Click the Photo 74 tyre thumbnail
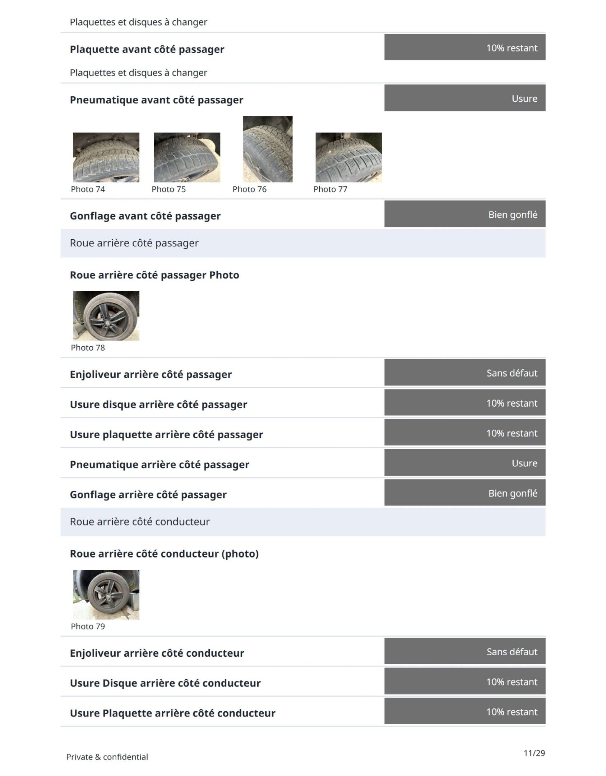pyautogui.click(x=106, y=157)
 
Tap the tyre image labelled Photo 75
pyautogui.click(x=187, y=157)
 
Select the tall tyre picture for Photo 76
pyautogui.click(x=268, y=149)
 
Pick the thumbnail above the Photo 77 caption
pyautogui.click(x=348, y=157)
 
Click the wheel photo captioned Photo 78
pyautogui.click(x=106, y=316)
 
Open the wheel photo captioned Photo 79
pyautogui.click(x=106, y=595)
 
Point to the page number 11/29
pyautogui.click(x=534, y=753)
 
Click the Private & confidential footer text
pyautogui.click(x=107, y=757)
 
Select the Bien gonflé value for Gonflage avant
pyautogui.click(x=513, y=215)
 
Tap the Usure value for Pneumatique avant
pyautogui.click(x=524, y=99)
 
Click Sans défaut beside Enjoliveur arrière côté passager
pyautogui.click(x=512, y=373)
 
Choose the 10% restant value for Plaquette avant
pyautogui.click(x=512, y=48)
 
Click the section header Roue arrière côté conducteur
pyautogui.click(x=140, y=522)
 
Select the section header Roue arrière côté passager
pyautogui.click(x=134, y=243)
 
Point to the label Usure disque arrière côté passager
pyautogui.click(x=158, y=405)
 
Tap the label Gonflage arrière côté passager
pyautogui.click(x=148, y=495)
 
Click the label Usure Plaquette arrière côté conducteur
pyautogui.click(x=172, y=713)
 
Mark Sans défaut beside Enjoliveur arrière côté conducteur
pyautogui.click(x=512, y=652)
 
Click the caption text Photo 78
pyautogui.click(x=88, y=348)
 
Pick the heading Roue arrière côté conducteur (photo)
pyautogui.click(x=164, y=554)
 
